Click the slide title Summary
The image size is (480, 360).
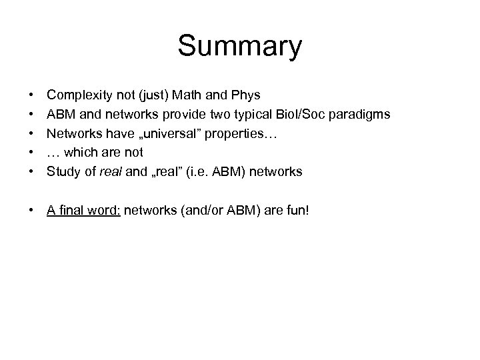click(x=239, y=47)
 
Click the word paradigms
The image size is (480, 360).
click(x=361, y=115)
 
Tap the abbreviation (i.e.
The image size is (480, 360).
click(x=197, y=171)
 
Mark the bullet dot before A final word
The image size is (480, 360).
click(x=31, y=211)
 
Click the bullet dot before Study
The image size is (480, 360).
click(x=31, y=171)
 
